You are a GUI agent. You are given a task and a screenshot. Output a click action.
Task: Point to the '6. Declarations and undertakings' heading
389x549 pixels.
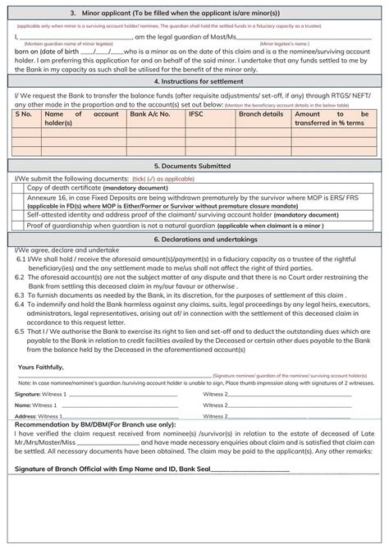(194, 239)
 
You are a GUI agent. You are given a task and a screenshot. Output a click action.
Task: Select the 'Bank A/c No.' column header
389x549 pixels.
(151, 114)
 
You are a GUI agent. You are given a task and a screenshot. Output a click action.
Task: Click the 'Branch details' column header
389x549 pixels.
(260, 114)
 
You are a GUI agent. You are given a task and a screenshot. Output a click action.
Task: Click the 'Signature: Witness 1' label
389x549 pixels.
(40, 394)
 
